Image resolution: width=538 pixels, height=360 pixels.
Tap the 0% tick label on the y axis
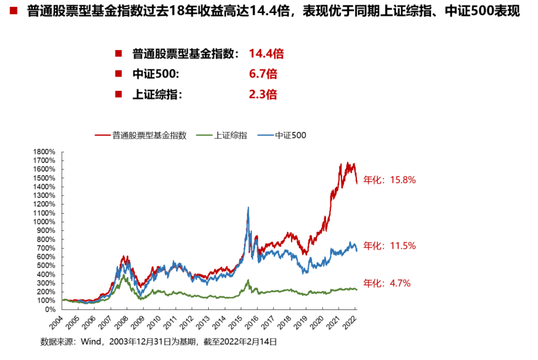[x=51, y=309]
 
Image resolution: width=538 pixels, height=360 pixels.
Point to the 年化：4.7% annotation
[x=387, y=283]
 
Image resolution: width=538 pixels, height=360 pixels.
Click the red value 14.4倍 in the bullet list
[x=266, y=54]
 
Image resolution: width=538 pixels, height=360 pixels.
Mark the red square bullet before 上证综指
[x=119, y=94]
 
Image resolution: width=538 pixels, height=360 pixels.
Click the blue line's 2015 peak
[x=248, y=208]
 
